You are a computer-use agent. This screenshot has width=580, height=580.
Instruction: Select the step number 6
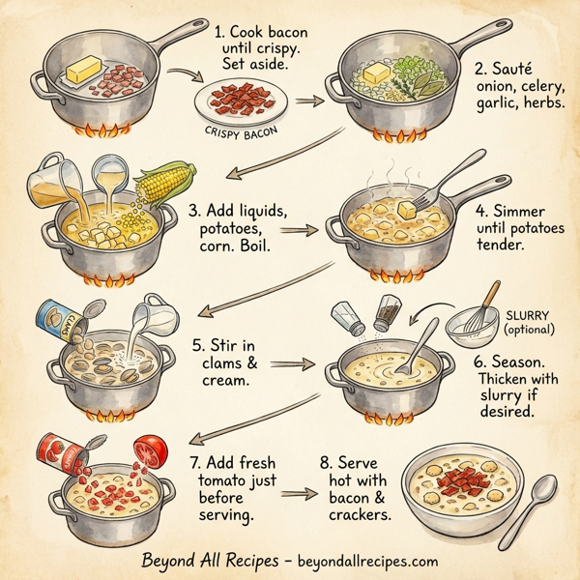478,359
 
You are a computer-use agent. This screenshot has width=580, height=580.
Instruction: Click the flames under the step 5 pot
107,415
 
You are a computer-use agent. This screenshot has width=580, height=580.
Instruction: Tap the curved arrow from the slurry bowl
433,317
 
